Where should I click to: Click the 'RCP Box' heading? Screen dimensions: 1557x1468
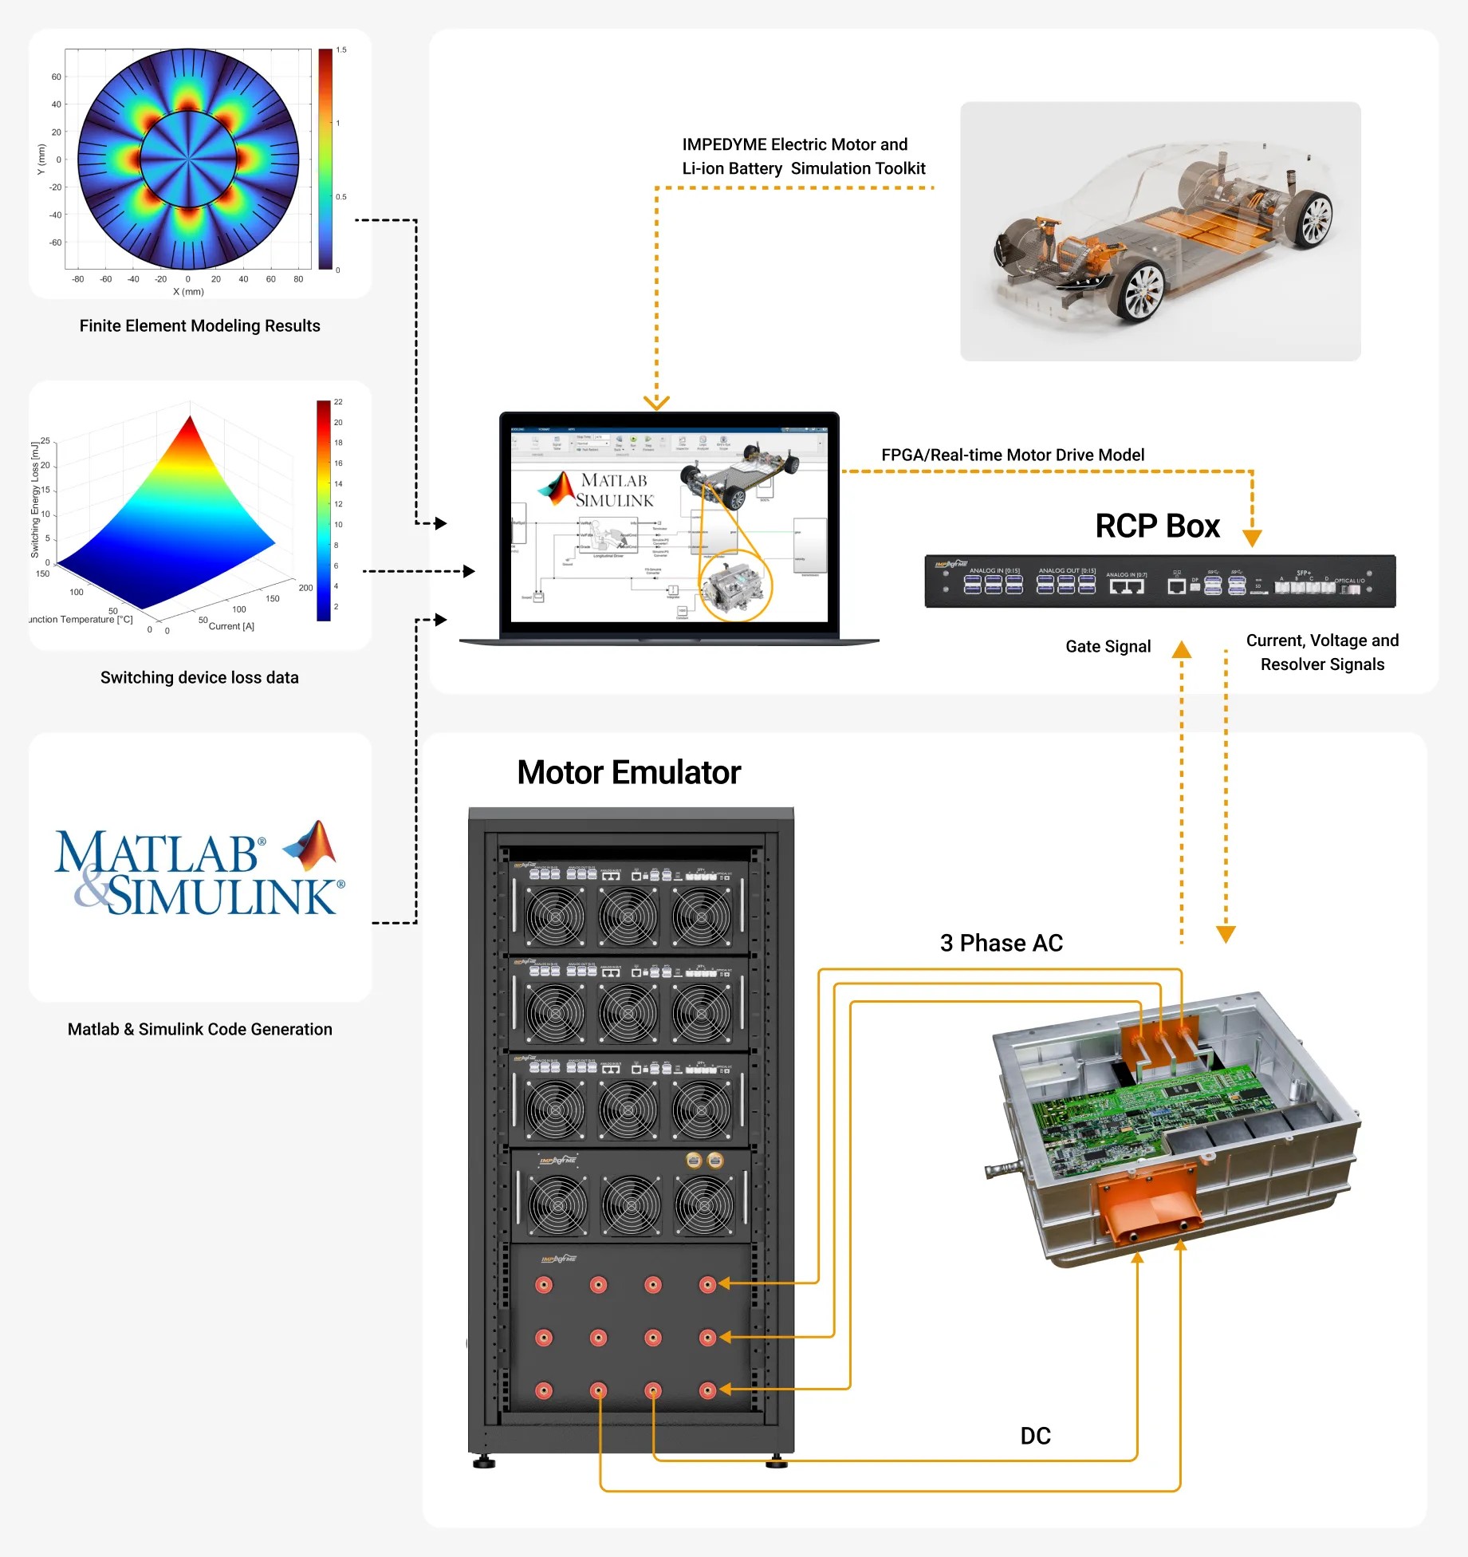click(x=1157, y=526)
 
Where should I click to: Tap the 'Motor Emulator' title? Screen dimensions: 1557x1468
click(x=628, y=772)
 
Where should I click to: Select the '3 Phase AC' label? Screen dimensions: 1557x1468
click(x=1001, y=943)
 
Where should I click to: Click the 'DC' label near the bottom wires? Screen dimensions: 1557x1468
click(x=1035, y=1436)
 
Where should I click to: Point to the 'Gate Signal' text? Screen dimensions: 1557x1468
click(x=1108, y=646)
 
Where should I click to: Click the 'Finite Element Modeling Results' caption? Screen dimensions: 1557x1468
click(x=199, y=325)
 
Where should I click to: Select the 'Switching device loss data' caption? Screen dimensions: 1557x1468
click(x=199, y=677)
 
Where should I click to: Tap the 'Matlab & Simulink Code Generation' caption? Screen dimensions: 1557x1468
click(x=199, y=1029)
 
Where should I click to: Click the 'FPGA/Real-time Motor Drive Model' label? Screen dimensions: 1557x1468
click(x=1012, y=455)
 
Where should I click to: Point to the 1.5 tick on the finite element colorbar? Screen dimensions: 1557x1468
click(x=341, y=50)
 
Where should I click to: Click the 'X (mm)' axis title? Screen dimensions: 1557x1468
click(x=188, y=292)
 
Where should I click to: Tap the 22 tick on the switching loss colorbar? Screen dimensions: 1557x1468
click(x=338, y=402)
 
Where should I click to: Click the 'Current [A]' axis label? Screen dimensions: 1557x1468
click(x=231, y=626)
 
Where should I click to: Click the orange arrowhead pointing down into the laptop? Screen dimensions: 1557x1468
click(x=656, y=403)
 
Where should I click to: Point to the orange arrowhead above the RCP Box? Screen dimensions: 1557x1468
click(x=1252, y=538)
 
